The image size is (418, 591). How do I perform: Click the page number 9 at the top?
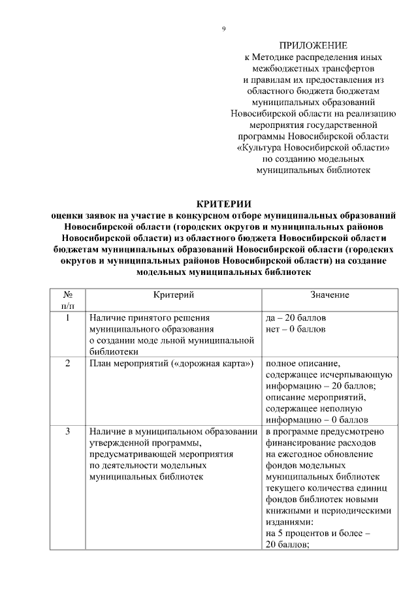pos(223,29)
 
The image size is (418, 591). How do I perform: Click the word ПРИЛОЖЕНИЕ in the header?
pos(313,46)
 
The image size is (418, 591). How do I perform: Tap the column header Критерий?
pos(174,295)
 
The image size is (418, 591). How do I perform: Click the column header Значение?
pos(330,295)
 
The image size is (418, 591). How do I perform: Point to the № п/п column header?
pos(68,300)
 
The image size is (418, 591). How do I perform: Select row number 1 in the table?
pos(68,318)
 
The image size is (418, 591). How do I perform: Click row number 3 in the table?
pos(68,432)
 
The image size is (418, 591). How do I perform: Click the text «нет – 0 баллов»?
pos(295,329)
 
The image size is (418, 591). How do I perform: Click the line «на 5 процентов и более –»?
pos(318,534)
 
